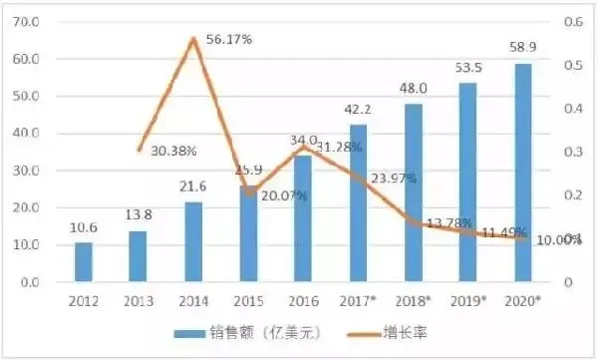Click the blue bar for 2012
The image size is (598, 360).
(84, 262)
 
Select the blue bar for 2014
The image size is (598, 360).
(193, 242)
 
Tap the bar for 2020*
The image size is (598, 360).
(522, 173)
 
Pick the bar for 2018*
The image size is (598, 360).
(413, 192)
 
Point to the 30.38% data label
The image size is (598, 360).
(174, 151)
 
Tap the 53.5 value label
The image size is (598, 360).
(467, 67)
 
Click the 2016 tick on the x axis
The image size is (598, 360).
(303, 300)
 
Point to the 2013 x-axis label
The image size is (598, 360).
(139, 300)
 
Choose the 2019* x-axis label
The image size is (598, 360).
(467, 300)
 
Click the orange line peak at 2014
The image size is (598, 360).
(193, 39)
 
